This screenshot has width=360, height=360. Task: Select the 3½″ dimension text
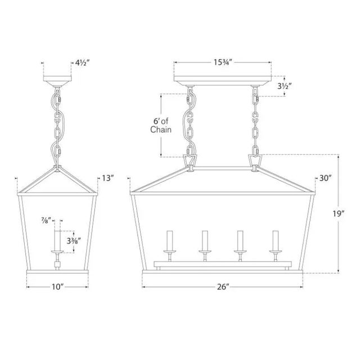click(x=285, y=86)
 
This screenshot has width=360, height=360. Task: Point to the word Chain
click(x=161, y=129)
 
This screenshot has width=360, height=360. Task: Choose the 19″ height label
click(x=339, y=214)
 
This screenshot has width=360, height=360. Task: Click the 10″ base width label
click(x=57, y=287)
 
